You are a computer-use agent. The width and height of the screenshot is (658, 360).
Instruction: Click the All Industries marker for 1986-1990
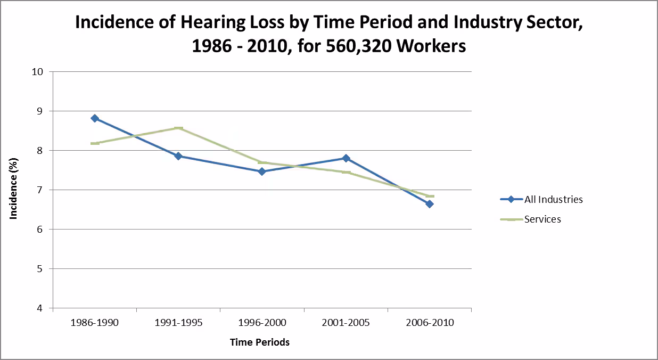coord(95,118)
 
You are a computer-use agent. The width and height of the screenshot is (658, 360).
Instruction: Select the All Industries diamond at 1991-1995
coord(178,156)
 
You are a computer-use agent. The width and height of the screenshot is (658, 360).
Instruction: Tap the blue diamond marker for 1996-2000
coord(262,171)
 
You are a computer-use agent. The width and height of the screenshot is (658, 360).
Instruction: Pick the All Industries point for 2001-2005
coord(346,158)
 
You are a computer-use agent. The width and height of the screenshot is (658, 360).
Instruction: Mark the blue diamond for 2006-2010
coord(430,204)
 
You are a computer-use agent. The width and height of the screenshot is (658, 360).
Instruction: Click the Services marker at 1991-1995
coord(178,128)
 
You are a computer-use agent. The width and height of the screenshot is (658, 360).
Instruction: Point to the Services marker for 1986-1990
coord(95,143)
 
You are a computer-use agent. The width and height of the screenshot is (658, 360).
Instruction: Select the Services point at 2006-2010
coord(430,196)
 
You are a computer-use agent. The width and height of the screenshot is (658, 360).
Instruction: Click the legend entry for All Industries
coord(553,200)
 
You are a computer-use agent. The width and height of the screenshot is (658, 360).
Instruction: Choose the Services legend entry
coord(542,219)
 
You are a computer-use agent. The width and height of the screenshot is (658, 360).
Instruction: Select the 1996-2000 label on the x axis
coord(262,323)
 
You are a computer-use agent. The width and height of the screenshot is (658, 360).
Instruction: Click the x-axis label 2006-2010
coord(430,323)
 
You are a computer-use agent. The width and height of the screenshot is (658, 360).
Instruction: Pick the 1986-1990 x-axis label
coord(95,323)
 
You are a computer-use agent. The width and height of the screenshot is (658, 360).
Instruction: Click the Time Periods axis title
coord(260,342)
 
